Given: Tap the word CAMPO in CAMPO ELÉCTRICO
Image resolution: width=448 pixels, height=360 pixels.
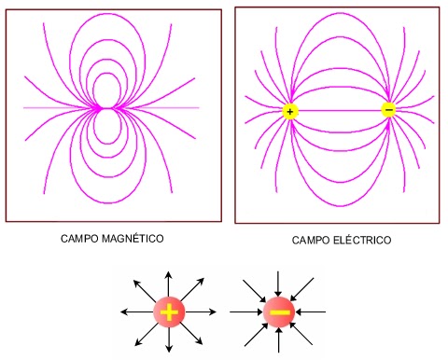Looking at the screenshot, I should (x=310, y=240).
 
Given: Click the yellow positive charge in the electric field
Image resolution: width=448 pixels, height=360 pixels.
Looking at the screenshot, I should (x=289, y=112).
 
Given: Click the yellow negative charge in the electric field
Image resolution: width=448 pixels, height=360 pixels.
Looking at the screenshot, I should (x=388, y=110).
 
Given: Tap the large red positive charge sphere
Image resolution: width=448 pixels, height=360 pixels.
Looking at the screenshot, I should (x=169, y=312).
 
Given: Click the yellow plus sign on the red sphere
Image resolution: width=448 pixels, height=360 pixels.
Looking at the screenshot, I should (x=169, y=312).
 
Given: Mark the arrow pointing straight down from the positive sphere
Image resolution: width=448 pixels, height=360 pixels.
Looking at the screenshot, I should (x=169, y=342).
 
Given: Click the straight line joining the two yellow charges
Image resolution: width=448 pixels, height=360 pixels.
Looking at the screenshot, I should (x=339, y=111).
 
